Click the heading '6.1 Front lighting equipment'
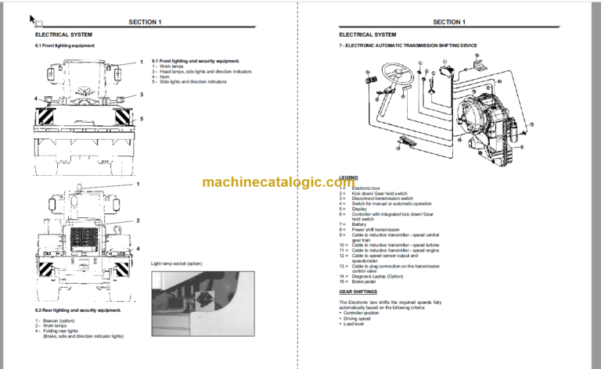point(65,46)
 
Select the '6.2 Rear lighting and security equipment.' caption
point(78,310)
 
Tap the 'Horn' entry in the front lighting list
point(165,77)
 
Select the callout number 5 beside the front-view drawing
point(142,118)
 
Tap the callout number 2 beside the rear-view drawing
point(138,220)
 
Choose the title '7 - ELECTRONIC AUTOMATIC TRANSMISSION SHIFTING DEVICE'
point(407,46)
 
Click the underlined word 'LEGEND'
point(348,177)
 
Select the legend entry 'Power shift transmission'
point(376,230)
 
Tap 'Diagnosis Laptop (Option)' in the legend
point(379,275)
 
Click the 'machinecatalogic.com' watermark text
point(300,182)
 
